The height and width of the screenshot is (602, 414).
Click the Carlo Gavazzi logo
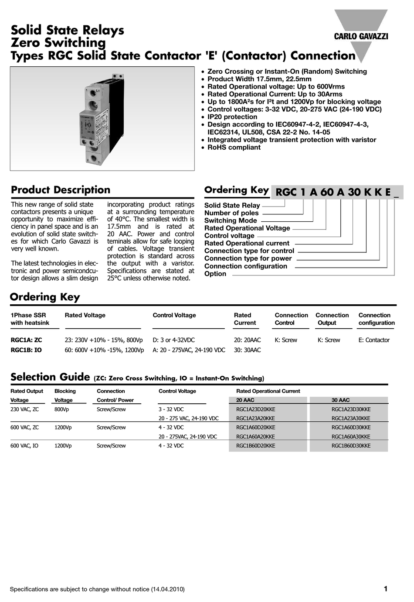click(x=360, y=36)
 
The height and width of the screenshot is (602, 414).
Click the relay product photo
click(x=102, y=118)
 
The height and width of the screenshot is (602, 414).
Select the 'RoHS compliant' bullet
click(x=234, y=148)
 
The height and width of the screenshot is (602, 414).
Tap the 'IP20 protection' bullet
click(x=232, y=117)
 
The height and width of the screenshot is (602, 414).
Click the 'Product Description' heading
click(x=61, y=190)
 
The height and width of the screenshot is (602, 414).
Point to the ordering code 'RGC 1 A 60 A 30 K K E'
click(x=333, y=193)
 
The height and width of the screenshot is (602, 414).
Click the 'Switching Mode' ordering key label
click(x=231, y=220)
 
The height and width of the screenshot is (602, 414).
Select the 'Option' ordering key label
click(x=215, y=274)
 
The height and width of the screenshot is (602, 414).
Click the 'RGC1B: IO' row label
click(x=26, y=350)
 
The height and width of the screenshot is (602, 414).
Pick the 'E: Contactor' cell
click(x=373, y=340)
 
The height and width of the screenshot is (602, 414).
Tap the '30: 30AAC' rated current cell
click(x=247, y=350)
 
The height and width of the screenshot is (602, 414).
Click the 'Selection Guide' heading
click(x=45, y=377)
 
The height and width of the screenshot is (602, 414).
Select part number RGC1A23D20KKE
click(x=255, y=409)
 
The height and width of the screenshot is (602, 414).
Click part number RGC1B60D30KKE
click(x=351, y=446)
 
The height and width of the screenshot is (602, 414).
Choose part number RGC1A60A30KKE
click(x=351, y=437)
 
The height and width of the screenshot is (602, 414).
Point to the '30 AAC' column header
click(x=340, y=400)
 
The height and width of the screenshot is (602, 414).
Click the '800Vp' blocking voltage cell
click(x=61, y=409)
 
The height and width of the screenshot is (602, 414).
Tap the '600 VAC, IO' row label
click(x=24, y=446)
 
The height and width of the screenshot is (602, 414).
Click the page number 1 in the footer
click(x=385, y=589)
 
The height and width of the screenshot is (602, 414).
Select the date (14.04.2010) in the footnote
click(x=168, y=589)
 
